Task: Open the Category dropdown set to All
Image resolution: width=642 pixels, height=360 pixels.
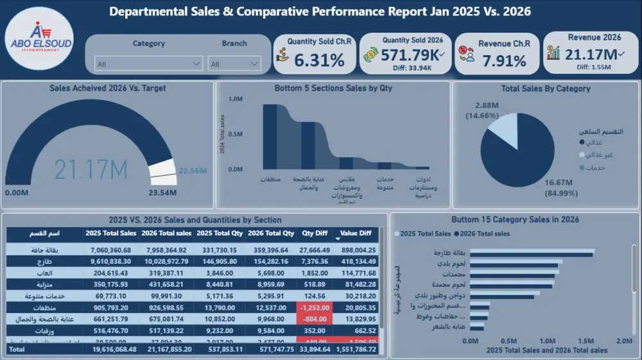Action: coord(149,64)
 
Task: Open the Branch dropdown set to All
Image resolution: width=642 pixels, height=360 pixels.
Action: coord(234,64)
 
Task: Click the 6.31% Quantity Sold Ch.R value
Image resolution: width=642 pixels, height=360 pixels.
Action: coord(319,60)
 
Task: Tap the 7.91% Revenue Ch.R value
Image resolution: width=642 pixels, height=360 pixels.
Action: coord(504,61)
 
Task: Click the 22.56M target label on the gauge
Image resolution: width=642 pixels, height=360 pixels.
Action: coord(193,171)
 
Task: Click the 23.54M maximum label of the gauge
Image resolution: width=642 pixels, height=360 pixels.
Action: coord(164,192)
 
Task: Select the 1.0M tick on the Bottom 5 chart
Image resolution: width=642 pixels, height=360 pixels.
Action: coord(236,99)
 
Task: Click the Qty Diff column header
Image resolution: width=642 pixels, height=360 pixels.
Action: coord(315,234)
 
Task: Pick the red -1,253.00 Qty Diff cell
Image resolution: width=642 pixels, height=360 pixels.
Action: coord(315,309)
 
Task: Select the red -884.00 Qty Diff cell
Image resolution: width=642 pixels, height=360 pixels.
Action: coord(315,320)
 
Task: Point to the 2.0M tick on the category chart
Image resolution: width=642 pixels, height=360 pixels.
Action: coord(623,341)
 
